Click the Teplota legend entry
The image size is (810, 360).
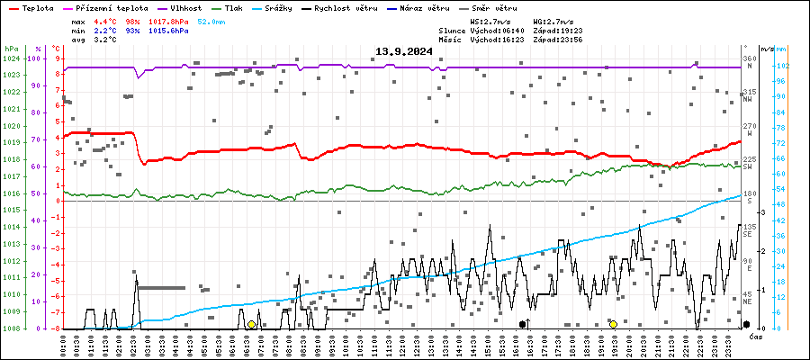coord(37,7)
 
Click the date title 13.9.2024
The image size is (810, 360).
coord(404,51)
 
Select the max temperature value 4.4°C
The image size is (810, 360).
coord(105,20)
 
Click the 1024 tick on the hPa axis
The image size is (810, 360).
coord(11,58)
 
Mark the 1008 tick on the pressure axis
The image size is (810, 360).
coord(11,328)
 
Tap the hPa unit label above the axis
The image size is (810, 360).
coord(11,49)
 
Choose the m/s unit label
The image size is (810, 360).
coord(766,49)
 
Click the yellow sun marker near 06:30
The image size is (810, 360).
coord(251,324)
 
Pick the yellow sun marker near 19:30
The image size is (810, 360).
coord(613,324)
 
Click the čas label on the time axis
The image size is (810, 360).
coord(757,337)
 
